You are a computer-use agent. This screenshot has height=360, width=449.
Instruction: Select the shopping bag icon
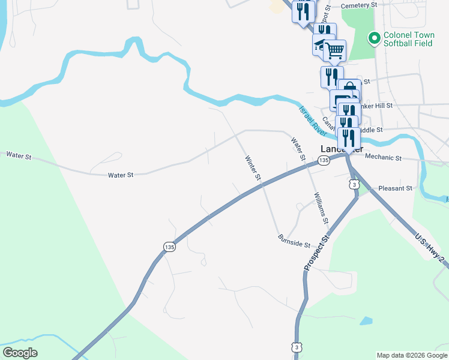(x=349, y=90)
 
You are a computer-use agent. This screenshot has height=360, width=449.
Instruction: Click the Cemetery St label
(x=358, y=5)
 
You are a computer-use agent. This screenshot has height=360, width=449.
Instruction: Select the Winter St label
(x=253, y=169)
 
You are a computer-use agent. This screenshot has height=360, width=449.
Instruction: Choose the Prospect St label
(x=317, y=253)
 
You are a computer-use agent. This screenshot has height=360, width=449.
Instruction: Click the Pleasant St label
(x=396, y=188)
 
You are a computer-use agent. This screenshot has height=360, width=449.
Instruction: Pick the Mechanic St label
(x=383, y=158)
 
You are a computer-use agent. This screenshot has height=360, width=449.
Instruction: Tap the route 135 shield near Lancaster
(x=324, y=160)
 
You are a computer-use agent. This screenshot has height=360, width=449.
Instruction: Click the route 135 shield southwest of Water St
(x=170, y=247)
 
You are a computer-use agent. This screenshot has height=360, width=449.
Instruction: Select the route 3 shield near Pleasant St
(x=355, y=185)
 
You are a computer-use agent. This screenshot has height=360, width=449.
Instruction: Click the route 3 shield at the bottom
(x=295, y=347)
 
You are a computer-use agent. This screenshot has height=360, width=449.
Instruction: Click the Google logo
(x=20, y=353)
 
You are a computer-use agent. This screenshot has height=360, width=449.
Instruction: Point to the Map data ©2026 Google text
(x=412, y=355)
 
